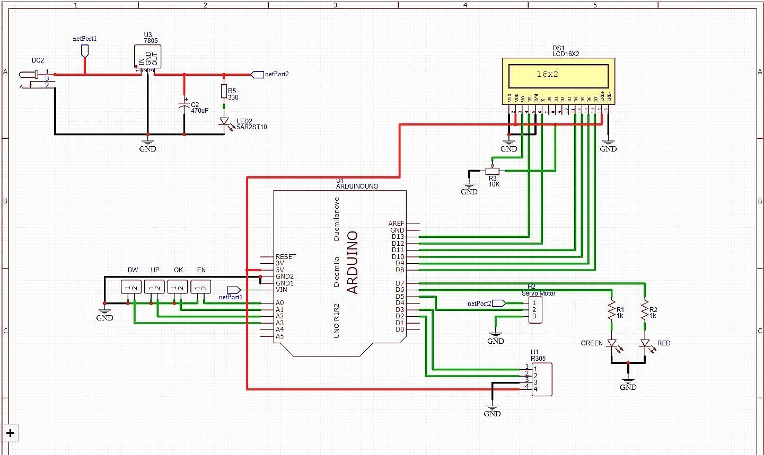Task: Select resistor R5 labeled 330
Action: tap(224, 91)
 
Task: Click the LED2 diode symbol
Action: tap(224, 122)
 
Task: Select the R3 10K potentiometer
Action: tap(493, 171)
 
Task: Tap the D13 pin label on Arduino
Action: tap(398, 237)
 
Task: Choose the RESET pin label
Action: tap(286, 257)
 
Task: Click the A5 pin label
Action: tap(279, 336)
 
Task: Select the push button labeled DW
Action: tap(131, 287)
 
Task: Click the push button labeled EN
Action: tap(201, 287)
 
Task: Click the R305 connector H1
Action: tap(541, 379)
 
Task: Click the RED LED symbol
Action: tap(645, 344)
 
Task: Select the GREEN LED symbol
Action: tap(612, 344)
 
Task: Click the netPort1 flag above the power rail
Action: tap(84, 51)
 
